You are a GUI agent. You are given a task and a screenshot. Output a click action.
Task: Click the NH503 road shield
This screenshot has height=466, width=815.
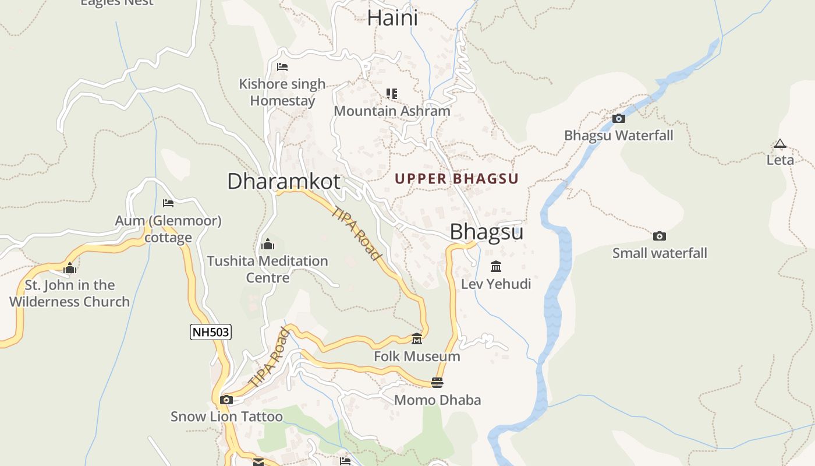click(211, 333)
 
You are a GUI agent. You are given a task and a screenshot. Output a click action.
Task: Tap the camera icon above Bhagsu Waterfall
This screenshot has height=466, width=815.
click(619, 119)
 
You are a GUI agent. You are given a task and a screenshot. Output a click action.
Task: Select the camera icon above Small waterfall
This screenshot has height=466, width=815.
click(659, 236)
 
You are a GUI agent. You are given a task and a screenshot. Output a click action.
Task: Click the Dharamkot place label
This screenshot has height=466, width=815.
click(284, 181)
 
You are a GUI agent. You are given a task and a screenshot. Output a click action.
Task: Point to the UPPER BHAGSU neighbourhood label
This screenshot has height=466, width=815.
click(456, 179)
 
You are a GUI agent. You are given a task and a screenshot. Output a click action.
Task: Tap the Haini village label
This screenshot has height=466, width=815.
click(392, 18)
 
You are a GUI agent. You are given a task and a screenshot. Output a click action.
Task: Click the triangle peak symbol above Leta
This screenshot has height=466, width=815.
click(779, 144)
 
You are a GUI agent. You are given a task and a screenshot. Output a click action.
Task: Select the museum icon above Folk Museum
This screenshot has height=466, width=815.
click(417, 339)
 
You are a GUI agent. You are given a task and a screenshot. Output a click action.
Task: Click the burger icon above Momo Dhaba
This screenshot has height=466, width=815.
click(437, 383)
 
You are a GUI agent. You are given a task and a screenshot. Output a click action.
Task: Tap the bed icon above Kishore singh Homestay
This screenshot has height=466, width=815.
click(282, 67)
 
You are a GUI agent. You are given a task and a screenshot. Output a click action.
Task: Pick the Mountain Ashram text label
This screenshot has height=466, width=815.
click(392, 111)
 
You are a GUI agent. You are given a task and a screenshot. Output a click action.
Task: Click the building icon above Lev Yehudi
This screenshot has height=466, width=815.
click(496, 267)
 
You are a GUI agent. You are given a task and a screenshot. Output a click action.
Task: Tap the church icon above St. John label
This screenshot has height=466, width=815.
click(70, 268)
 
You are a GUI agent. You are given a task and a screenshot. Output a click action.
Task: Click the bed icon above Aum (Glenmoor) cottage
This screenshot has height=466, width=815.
click(168, 203)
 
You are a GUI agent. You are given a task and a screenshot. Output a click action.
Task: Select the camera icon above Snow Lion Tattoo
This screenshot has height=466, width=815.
click(226, 400)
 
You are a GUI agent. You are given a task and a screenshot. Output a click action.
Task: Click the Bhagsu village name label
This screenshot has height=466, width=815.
click(486, 232)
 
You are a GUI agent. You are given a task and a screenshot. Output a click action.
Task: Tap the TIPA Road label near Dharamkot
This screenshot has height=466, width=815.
click(356, 233)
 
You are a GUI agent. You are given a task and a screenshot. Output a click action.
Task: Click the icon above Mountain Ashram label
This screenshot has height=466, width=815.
click(392, 93)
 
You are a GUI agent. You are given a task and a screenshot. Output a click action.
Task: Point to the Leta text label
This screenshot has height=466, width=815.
click(780, 160)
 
